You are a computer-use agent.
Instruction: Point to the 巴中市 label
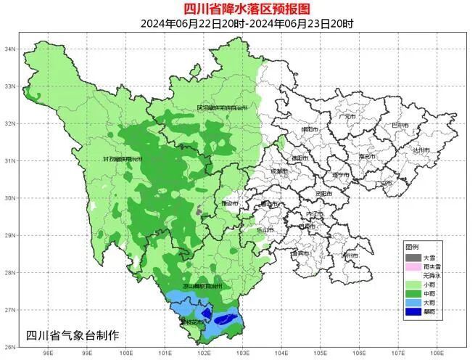(x=400, y=126)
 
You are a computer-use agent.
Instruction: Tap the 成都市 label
(x=278, y=171)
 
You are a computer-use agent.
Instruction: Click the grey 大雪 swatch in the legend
(x=413, y=258)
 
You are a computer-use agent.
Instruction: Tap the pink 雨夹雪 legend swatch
(x=413, y=267)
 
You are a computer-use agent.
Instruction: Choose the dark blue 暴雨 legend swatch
(x=413, y=312)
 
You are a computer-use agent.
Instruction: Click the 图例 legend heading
(x=412, y=247)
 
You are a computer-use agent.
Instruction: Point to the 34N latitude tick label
(x=11, y=49)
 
